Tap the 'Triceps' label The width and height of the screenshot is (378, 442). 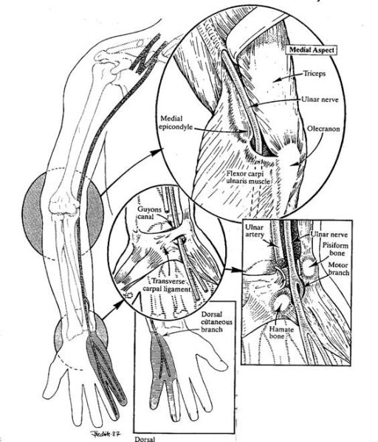click(x=315, y=74)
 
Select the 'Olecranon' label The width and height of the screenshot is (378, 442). click(x=323, y=129)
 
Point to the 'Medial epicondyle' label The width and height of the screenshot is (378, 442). click(x=176, y=122)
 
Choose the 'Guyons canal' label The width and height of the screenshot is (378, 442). click(x=150, y=213)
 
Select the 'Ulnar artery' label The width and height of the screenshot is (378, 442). click(x=255, y=231)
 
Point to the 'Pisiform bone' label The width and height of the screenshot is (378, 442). click(x=335, y=249)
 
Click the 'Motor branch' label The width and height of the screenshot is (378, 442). click(x=339, y=269)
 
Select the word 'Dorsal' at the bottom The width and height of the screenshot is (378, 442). click(x=145, y=439)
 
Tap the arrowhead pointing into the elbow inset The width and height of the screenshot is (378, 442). click(x=156, y=152)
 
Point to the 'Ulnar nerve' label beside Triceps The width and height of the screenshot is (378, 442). click(x=320, y=100)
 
